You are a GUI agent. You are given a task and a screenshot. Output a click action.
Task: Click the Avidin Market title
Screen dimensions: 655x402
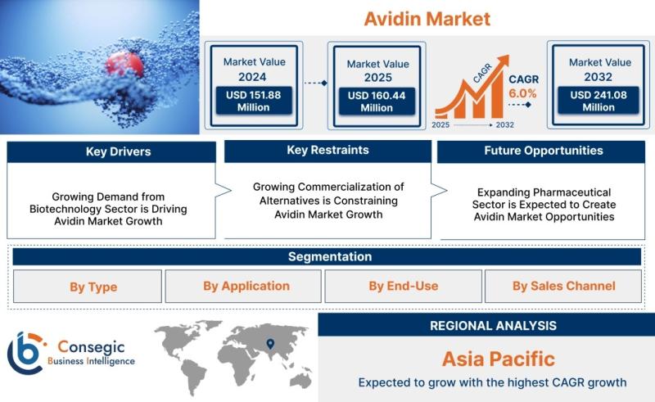(427, 19)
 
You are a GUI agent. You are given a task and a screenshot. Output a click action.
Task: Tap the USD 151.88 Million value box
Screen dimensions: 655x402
(254, 101)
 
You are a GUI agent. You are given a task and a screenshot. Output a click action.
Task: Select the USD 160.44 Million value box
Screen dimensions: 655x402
(377, 102)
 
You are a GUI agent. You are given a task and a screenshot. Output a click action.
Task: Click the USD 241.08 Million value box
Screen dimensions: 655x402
(599, 101)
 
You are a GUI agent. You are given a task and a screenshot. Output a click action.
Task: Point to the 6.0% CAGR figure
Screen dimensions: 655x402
(522, 93)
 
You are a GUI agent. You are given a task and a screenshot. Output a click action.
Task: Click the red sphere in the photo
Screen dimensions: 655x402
(124, 65)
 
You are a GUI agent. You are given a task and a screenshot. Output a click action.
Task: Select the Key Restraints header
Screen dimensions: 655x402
(328, 151)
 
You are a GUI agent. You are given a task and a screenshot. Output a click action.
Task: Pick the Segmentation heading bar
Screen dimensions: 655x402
(327, 256)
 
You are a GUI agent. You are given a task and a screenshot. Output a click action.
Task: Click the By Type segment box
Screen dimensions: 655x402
(88, 287)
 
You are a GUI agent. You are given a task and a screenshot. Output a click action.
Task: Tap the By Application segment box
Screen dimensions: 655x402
(243, 287)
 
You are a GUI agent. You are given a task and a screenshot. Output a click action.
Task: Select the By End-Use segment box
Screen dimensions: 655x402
(403, 287)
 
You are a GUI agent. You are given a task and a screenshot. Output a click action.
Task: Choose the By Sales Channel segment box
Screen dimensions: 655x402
(563, 287)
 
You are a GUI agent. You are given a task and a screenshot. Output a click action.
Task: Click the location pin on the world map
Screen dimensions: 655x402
(270, 344)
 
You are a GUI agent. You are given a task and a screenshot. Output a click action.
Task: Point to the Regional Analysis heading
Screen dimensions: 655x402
(494, 326)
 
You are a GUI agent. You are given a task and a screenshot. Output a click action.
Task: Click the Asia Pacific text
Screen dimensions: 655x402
(499, 359)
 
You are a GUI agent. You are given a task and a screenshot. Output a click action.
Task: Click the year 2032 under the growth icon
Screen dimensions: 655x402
(504, 125)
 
